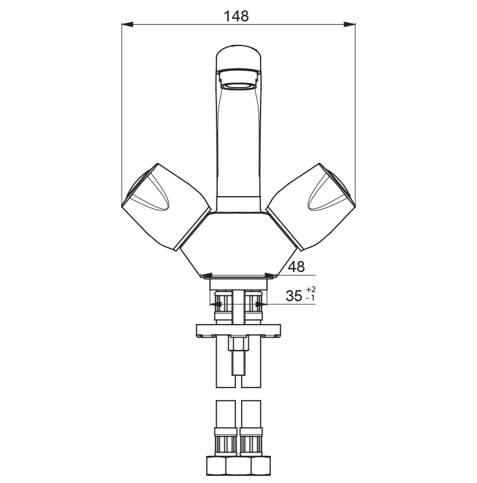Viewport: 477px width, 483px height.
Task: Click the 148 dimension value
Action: pos(236,16)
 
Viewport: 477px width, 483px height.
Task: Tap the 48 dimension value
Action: pos(296,266)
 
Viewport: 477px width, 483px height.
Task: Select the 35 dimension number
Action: pos(294,296)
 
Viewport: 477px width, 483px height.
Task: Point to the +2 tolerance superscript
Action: pos(310,290)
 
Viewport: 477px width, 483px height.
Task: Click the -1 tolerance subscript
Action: pos(310,298)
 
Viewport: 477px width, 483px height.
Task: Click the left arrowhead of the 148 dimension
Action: pos(127,24)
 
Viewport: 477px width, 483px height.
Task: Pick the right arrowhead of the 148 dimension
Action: pos(350,24)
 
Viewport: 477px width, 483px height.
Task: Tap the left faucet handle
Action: pos(166,206)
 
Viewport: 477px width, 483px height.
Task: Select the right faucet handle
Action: pos(311,206)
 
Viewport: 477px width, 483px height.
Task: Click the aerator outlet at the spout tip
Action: pos(238,85)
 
